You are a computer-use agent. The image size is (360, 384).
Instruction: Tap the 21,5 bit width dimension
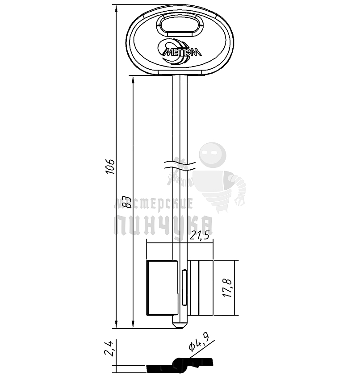(200, 235)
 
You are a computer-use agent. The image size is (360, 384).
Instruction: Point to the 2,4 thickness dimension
(109, 348)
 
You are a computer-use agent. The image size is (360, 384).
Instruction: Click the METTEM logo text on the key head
(182, 52)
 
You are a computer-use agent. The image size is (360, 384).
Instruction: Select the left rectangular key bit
(162, 288)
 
